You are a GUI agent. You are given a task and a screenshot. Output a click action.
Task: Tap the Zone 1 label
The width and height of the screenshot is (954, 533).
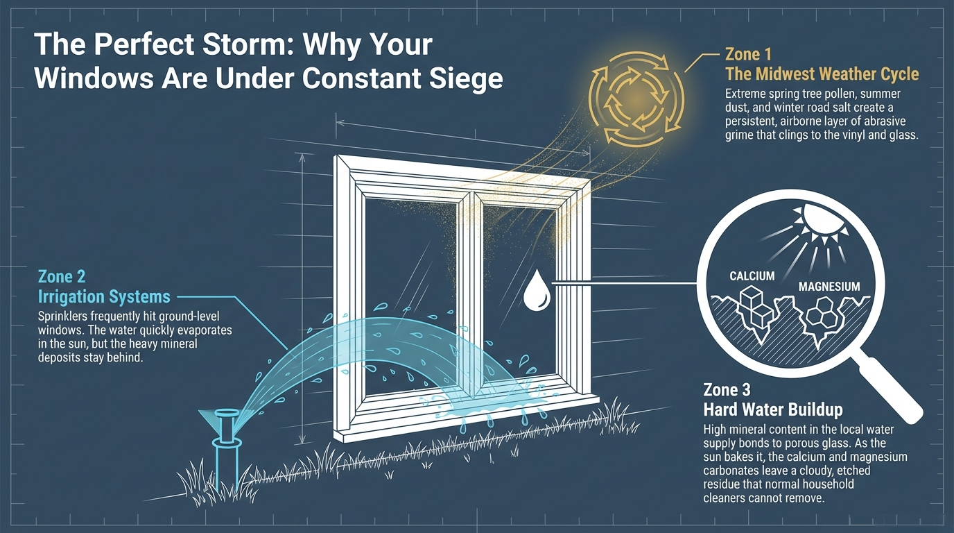tap(748, 55)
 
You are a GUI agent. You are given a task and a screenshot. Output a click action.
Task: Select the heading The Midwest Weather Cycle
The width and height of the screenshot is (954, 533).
tap(822, 74)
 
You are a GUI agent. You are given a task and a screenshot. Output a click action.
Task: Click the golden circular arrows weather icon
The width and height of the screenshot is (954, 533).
tap(636, 99)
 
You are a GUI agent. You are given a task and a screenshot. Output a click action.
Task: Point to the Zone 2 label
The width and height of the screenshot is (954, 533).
tap(62, 277)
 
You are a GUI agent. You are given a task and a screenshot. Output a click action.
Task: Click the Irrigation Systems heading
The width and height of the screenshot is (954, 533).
tap(104, 297)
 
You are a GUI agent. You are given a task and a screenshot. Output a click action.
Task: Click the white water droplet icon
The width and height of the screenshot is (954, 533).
tap(536, 290)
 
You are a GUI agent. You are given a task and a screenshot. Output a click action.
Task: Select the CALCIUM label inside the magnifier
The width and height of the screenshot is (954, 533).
tap(752, 276)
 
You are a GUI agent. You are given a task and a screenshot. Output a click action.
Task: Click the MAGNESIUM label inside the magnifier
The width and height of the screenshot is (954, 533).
tap(829, 287)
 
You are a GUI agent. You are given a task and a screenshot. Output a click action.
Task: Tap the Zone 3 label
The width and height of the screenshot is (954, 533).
tap(727, 390)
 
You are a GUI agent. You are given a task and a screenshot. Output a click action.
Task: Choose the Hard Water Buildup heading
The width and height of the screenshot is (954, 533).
tap(773, 409)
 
